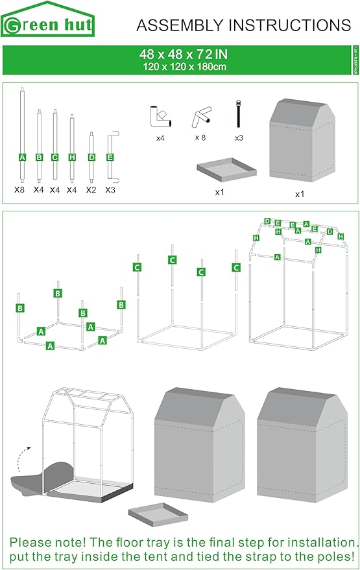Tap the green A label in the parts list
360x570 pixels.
(23, 157)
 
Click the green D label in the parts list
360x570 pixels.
(91, 157)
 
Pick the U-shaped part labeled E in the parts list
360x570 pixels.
(110, 156)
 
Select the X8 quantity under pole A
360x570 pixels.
(20, 191)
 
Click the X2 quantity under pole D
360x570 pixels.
(91, 191)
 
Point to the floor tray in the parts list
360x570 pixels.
(226, 171)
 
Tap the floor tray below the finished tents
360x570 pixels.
(158, 515)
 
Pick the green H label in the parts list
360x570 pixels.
(71, 157)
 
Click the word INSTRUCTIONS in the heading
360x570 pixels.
(284, 25)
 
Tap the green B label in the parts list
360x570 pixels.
(39, 157)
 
